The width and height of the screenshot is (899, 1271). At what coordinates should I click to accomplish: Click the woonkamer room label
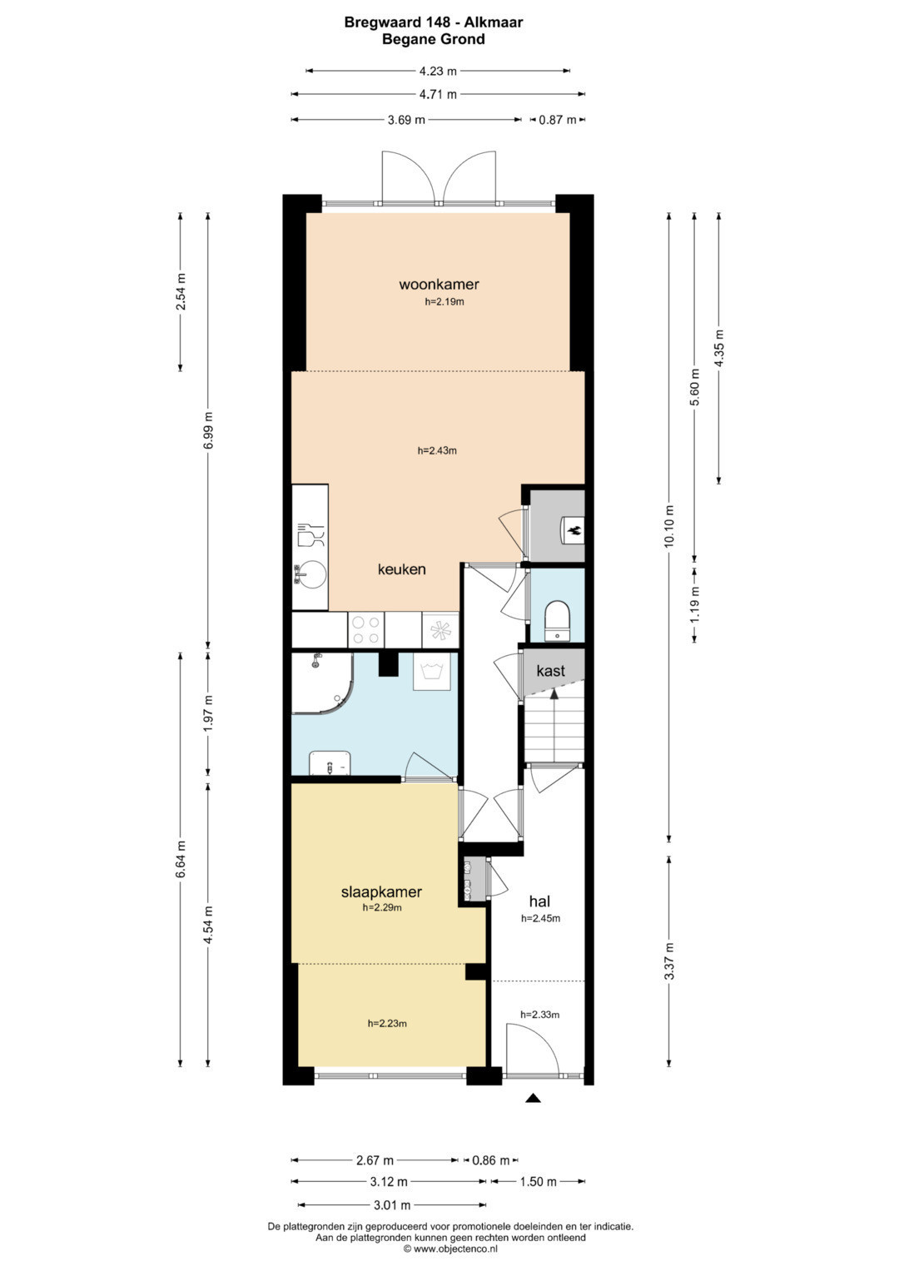[x=439, y=285]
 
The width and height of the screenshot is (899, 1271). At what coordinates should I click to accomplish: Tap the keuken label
[x=402, y=569]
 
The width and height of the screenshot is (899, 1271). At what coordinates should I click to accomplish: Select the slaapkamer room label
[x=381, y=891]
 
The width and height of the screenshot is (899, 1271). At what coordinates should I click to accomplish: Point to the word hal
[x=539, y=901]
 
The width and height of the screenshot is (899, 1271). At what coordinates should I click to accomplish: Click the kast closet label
[x=550, y=671]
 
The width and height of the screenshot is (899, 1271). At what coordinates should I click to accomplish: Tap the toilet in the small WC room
[x=557, y=621]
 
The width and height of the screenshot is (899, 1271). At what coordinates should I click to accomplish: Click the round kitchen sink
[x=310, y=575]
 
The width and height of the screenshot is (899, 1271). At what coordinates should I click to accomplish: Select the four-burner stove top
[x=366, y=630]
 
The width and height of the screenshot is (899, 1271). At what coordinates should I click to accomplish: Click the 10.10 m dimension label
[x=669, y=526]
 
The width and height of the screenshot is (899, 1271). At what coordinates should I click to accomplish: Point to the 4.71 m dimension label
[x=438, y=94]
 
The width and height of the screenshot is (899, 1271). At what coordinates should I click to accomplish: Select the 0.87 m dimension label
[x=558, y=120]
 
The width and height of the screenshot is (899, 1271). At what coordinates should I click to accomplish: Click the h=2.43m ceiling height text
[x=437, y=450]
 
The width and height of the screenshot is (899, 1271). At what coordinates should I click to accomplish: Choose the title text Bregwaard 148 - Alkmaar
[x=434, y=22]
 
